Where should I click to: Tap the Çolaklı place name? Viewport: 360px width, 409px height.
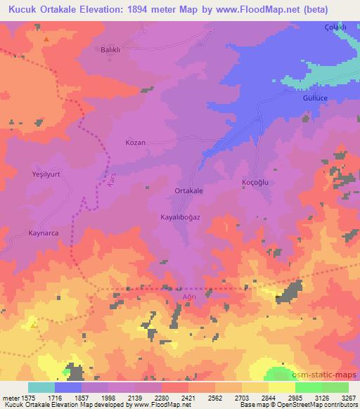(x=336, y=27)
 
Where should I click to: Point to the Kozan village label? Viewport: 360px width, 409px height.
(x=135, y=143)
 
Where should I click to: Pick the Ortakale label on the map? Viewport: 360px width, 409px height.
(x=188, y=190)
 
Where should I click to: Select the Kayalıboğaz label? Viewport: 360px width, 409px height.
(x=181, y=218)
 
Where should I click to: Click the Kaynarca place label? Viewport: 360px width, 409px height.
(x=43, y=233)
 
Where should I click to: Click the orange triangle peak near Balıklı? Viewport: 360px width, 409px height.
(x=46, y=39)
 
